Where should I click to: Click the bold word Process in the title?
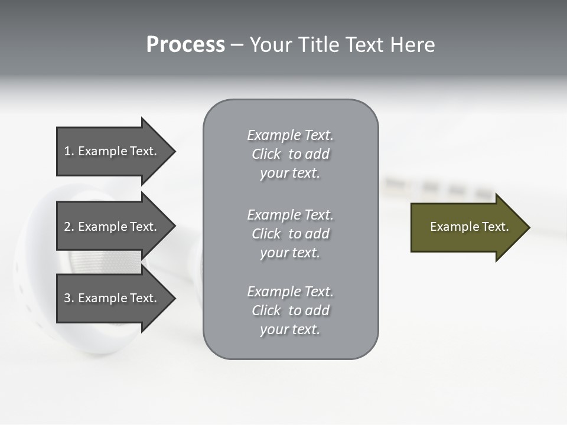[x=185, y=45]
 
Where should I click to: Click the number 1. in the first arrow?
[x=69, y=151]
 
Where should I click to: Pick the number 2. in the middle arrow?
[x=69, y=227]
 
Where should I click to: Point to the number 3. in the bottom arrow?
[x=69, y=298]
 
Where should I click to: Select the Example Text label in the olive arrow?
[x=469, y=227]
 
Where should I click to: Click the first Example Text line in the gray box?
[x=290, y=135]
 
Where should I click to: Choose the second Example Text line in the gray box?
[x=290, y=215]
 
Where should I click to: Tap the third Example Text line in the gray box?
[x=290, y=292]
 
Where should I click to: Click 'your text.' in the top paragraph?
[x=290, y=174]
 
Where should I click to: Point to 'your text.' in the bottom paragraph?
[x=290, y=330]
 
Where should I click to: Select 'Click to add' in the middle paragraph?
[x=290, y=234]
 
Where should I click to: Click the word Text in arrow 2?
[x=143, y=227]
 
